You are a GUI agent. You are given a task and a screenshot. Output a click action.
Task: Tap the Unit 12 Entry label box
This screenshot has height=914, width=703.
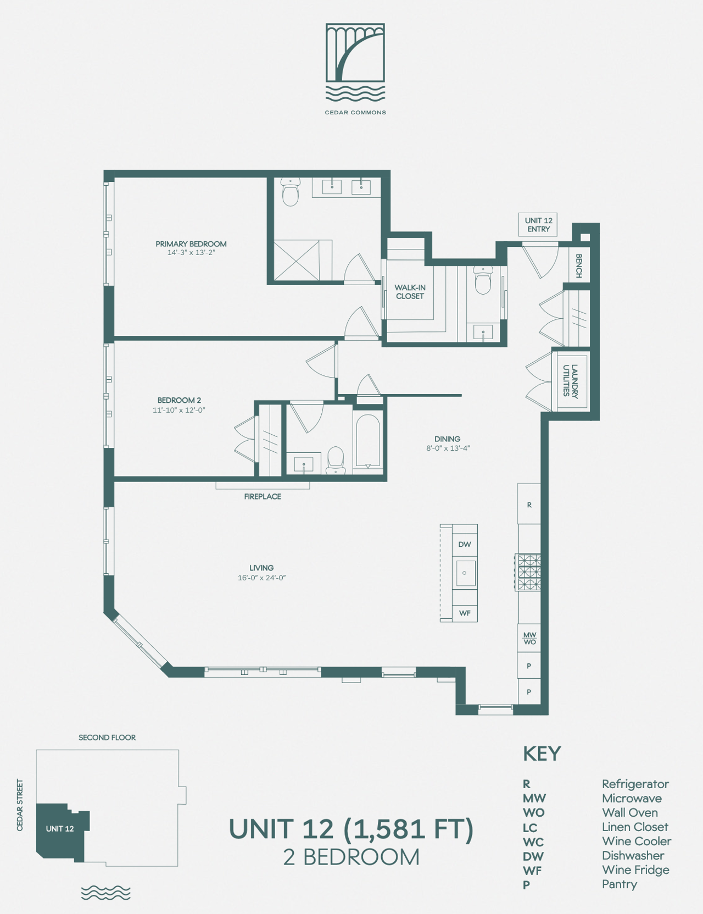click(538, 225)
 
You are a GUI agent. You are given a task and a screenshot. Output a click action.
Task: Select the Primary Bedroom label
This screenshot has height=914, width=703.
click(191, 244)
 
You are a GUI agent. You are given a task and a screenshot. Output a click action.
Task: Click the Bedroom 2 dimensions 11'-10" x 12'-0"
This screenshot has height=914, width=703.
click(179, 410)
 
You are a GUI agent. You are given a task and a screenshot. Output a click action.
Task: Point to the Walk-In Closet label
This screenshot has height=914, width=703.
click(410, 292)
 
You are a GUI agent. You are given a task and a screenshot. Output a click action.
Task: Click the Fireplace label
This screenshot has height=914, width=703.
click(263, 496)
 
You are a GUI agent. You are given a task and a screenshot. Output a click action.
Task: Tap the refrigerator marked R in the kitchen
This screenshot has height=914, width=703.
click(529, 504)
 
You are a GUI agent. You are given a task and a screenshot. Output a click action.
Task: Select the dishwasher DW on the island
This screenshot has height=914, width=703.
click(465, 544)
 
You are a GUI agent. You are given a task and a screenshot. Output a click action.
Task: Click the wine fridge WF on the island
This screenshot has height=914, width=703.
click(465, 613)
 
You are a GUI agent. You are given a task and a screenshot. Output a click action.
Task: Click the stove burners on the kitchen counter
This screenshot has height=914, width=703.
click(528, 572)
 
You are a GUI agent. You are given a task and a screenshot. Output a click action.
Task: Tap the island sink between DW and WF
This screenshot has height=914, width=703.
click(465, 573)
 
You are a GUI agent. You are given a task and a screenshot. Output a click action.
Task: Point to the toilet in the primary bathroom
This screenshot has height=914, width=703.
click(291, 192)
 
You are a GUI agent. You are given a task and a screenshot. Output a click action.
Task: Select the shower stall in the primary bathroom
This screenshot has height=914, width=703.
click(297, 260)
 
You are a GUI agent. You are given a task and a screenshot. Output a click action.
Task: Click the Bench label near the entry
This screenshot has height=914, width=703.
click(578, 266)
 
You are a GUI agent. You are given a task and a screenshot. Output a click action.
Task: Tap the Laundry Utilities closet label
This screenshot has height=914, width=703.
click(571, 381)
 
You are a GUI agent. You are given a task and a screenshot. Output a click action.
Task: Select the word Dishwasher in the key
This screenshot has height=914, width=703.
click(633, 856)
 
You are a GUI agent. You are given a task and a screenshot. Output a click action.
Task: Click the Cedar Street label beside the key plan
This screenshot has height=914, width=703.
click(20, 805)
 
